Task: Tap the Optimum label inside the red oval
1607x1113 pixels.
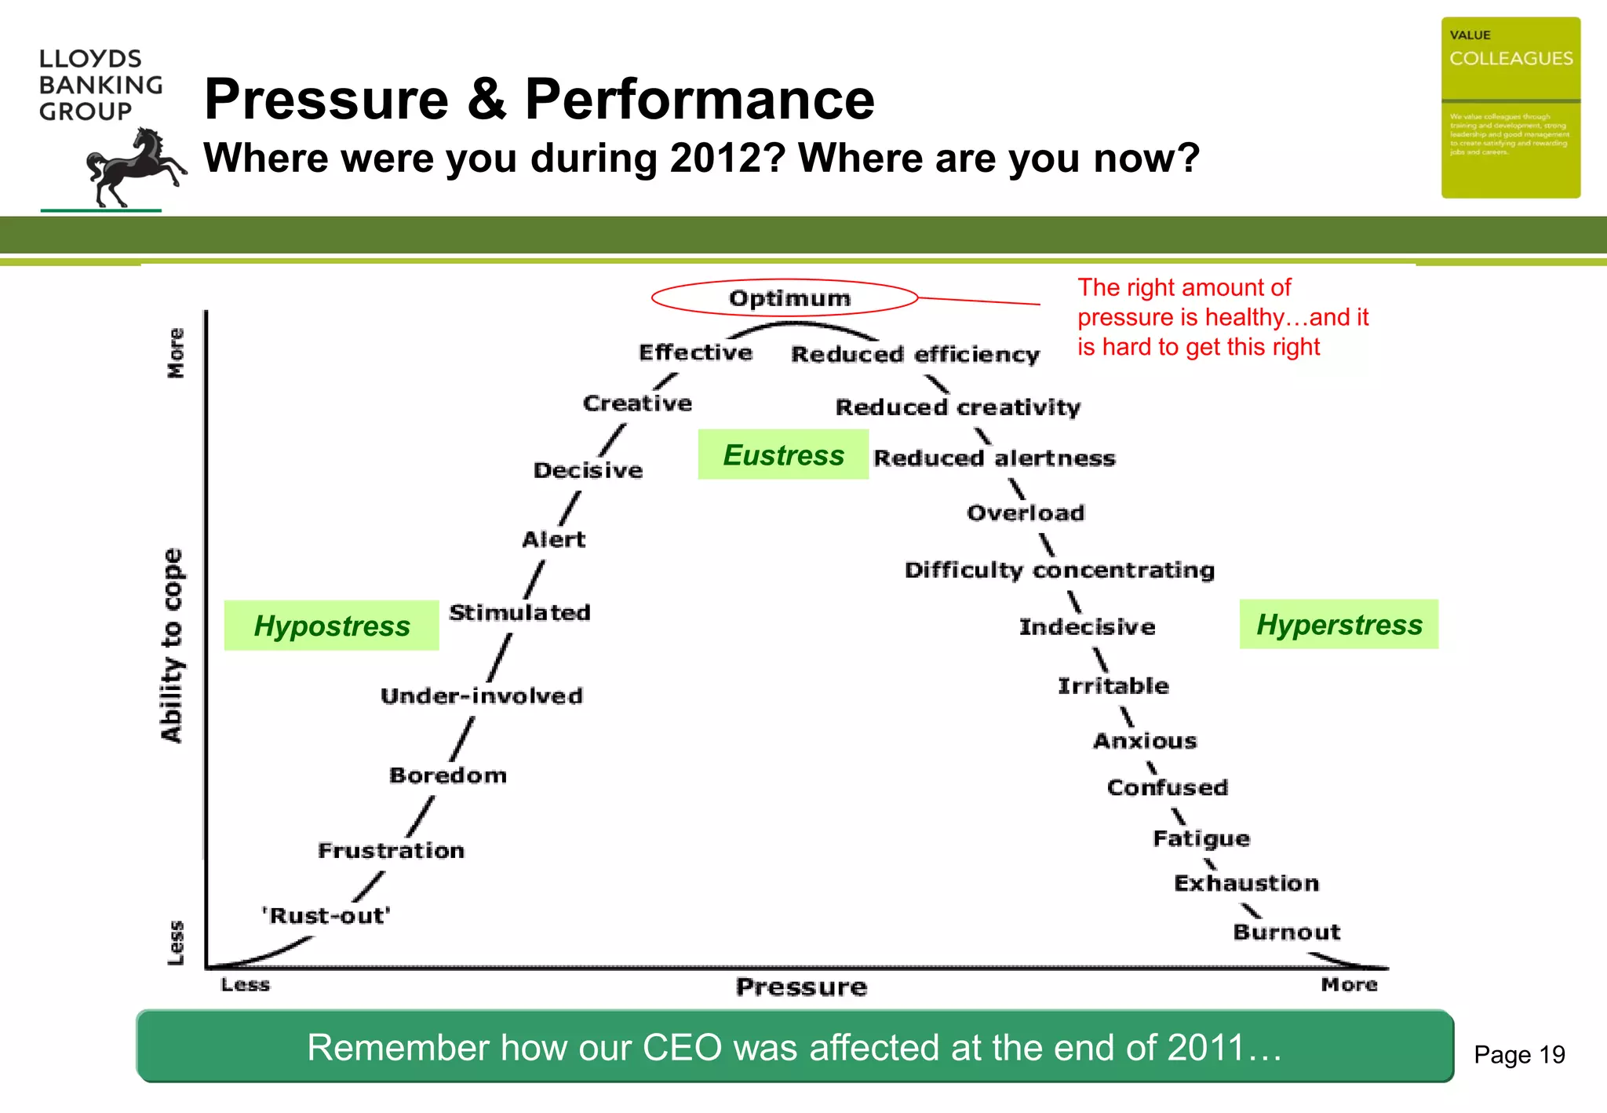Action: tap(789, 298)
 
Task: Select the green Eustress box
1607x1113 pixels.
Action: tap(783, 454)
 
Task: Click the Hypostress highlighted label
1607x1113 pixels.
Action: tap(331, 626)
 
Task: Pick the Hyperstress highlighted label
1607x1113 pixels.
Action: tap(1339, 624)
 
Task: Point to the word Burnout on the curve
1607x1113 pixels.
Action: tap(1286, 932)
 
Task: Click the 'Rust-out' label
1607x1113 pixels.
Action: tap(326, 915)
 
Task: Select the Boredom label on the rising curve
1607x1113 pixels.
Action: tap(448, 775)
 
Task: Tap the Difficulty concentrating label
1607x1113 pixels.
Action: tap(1059, 570)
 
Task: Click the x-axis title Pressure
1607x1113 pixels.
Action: tap(801, 987)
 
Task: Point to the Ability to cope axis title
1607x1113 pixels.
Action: tap(172, 645)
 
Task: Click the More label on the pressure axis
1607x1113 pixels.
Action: tap(1349, 984)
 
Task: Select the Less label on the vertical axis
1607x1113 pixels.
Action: tap(176, 942)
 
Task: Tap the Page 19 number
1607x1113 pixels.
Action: tap(1519, 1054)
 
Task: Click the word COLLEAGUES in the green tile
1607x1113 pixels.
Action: tap(1510, 59)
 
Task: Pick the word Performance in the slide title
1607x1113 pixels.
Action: tap(699, 100)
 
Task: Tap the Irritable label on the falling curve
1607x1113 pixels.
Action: tap(1113, 685)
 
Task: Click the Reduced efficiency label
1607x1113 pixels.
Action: tap(915, 355)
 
